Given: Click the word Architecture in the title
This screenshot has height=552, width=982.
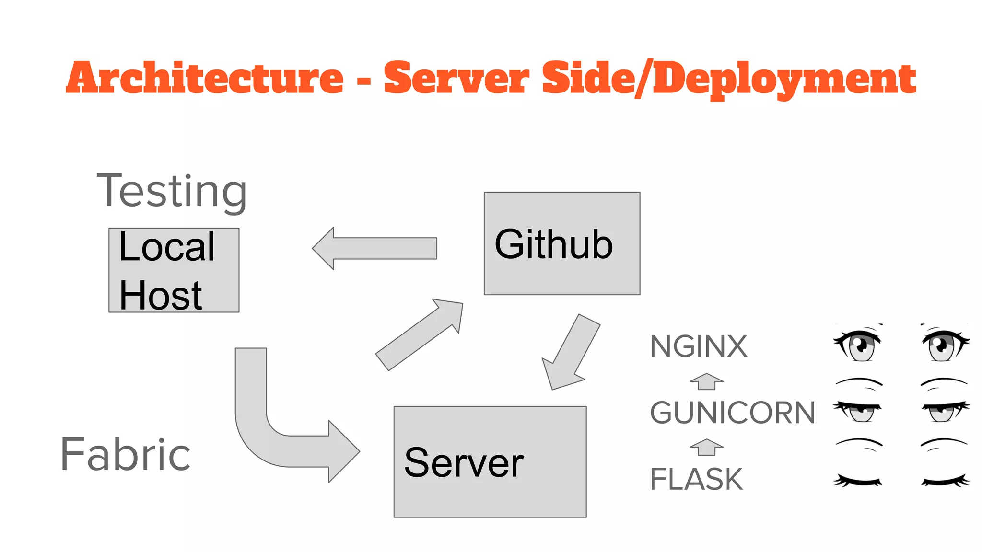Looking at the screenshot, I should [205, 79].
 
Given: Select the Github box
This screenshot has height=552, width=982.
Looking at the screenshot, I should [561, 243].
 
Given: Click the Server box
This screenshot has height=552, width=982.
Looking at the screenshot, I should [490, 461].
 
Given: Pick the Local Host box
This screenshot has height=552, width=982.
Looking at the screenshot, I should [174, 270].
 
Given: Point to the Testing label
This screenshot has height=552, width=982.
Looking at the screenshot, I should [172, 191].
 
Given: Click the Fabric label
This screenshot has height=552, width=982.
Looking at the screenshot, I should [126, 454].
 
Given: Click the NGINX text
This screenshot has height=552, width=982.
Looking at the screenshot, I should [698, 346].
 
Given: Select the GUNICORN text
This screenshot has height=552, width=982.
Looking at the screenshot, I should [732, 413].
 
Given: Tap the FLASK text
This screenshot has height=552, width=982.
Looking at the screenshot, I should [696, 479].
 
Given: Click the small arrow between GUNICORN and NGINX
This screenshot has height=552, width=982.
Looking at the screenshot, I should [706, 381].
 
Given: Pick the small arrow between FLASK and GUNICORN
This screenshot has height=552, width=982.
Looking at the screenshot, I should [706, 447].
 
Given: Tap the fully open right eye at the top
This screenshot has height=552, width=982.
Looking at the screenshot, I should [944, 344].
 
